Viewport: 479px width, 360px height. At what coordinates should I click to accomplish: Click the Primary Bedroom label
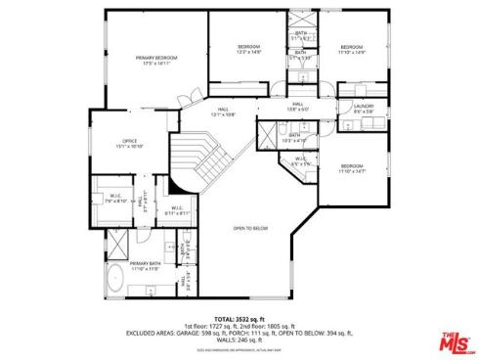tap(155, 61)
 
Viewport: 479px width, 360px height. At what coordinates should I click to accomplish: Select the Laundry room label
tap(364, 109)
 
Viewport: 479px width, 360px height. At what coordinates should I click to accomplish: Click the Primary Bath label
tap(145, 266)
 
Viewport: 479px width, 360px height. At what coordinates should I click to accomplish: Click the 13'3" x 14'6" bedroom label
tap(249, 50)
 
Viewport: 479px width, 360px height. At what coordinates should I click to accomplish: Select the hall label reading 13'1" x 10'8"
tap(223, 112)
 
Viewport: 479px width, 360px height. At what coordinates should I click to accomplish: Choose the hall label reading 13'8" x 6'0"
tap(297, 106)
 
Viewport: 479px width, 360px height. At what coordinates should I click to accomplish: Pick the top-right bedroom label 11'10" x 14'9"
tap(351, 50)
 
